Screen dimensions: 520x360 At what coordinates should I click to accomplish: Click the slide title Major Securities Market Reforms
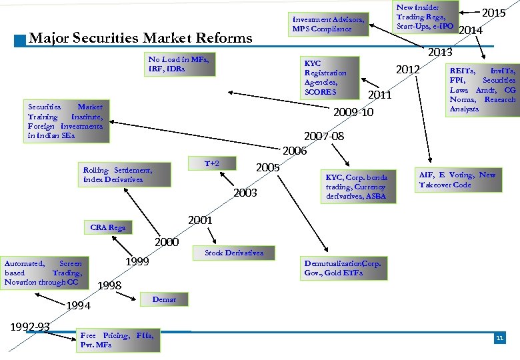click(x=141, y=38)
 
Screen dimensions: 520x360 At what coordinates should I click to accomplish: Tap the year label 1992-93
click(x=31, y=327)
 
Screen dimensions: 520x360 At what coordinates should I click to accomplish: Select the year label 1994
click(x=79, y=306)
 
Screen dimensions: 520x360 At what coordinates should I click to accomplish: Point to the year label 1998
click(x=109, y=286)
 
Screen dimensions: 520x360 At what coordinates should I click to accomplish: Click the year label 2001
click(x=201, y=220)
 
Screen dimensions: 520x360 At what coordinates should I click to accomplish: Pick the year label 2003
click(x=245, y=193)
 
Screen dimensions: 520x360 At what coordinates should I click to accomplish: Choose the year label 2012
click(x=407, y=70)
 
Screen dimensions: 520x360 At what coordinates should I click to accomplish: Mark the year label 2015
click(x=493, y=13)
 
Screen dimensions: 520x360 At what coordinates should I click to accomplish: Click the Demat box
click(x=165, y=300)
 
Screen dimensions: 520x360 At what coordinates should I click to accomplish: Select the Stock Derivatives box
click(x=234, y=253)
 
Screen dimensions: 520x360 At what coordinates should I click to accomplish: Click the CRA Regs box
click(x=108, y=228)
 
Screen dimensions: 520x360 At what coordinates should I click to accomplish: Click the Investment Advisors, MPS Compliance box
click(x=329, y=24)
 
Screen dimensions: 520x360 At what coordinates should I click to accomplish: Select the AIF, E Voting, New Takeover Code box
click(x=456, y=180)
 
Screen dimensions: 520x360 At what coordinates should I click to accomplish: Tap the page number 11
click(x=499, y=339)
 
